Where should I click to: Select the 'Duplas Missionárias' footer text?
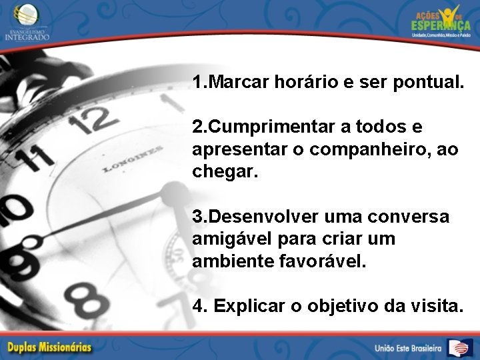(50, 347)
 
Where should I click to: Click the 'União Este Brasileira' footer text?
(408, 348)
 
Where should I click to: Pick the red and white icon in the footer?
(460, 347)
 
